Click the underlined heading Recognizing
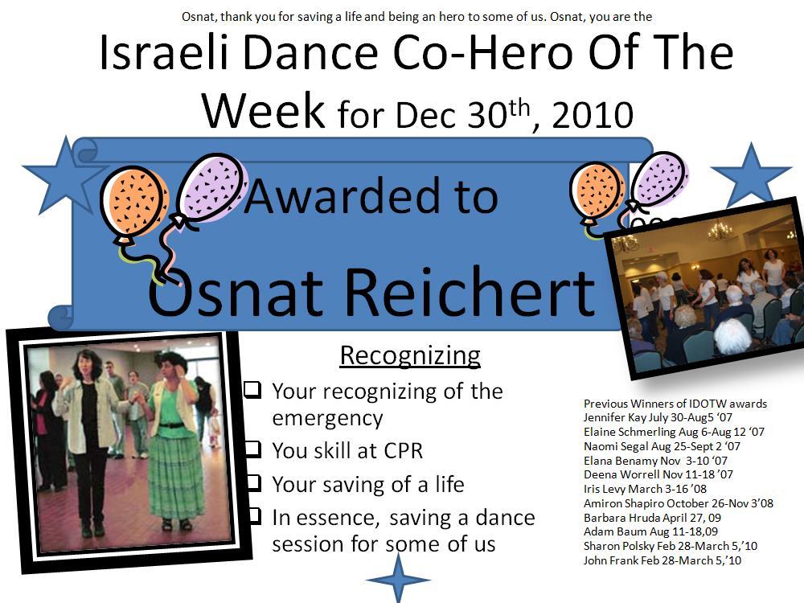[x=410, y=355]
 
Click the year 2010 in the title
[x=593, y=114]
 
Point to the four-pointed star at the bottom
[x=398, y=579]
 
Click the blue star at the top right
[x=751, y=174]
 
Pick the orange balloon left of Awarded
[x=134, y=203]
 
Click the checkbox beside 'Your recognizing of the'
[x=252, y=390]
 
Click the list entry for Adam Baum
[x=650, y=531]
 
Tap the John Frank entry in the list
[x=662, y=560]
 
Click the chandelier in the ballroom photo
[x=720, y=232]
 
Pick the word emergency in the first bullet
[x=328, y=418]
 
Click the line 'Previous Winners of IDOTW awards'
[x=675, y=404]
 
